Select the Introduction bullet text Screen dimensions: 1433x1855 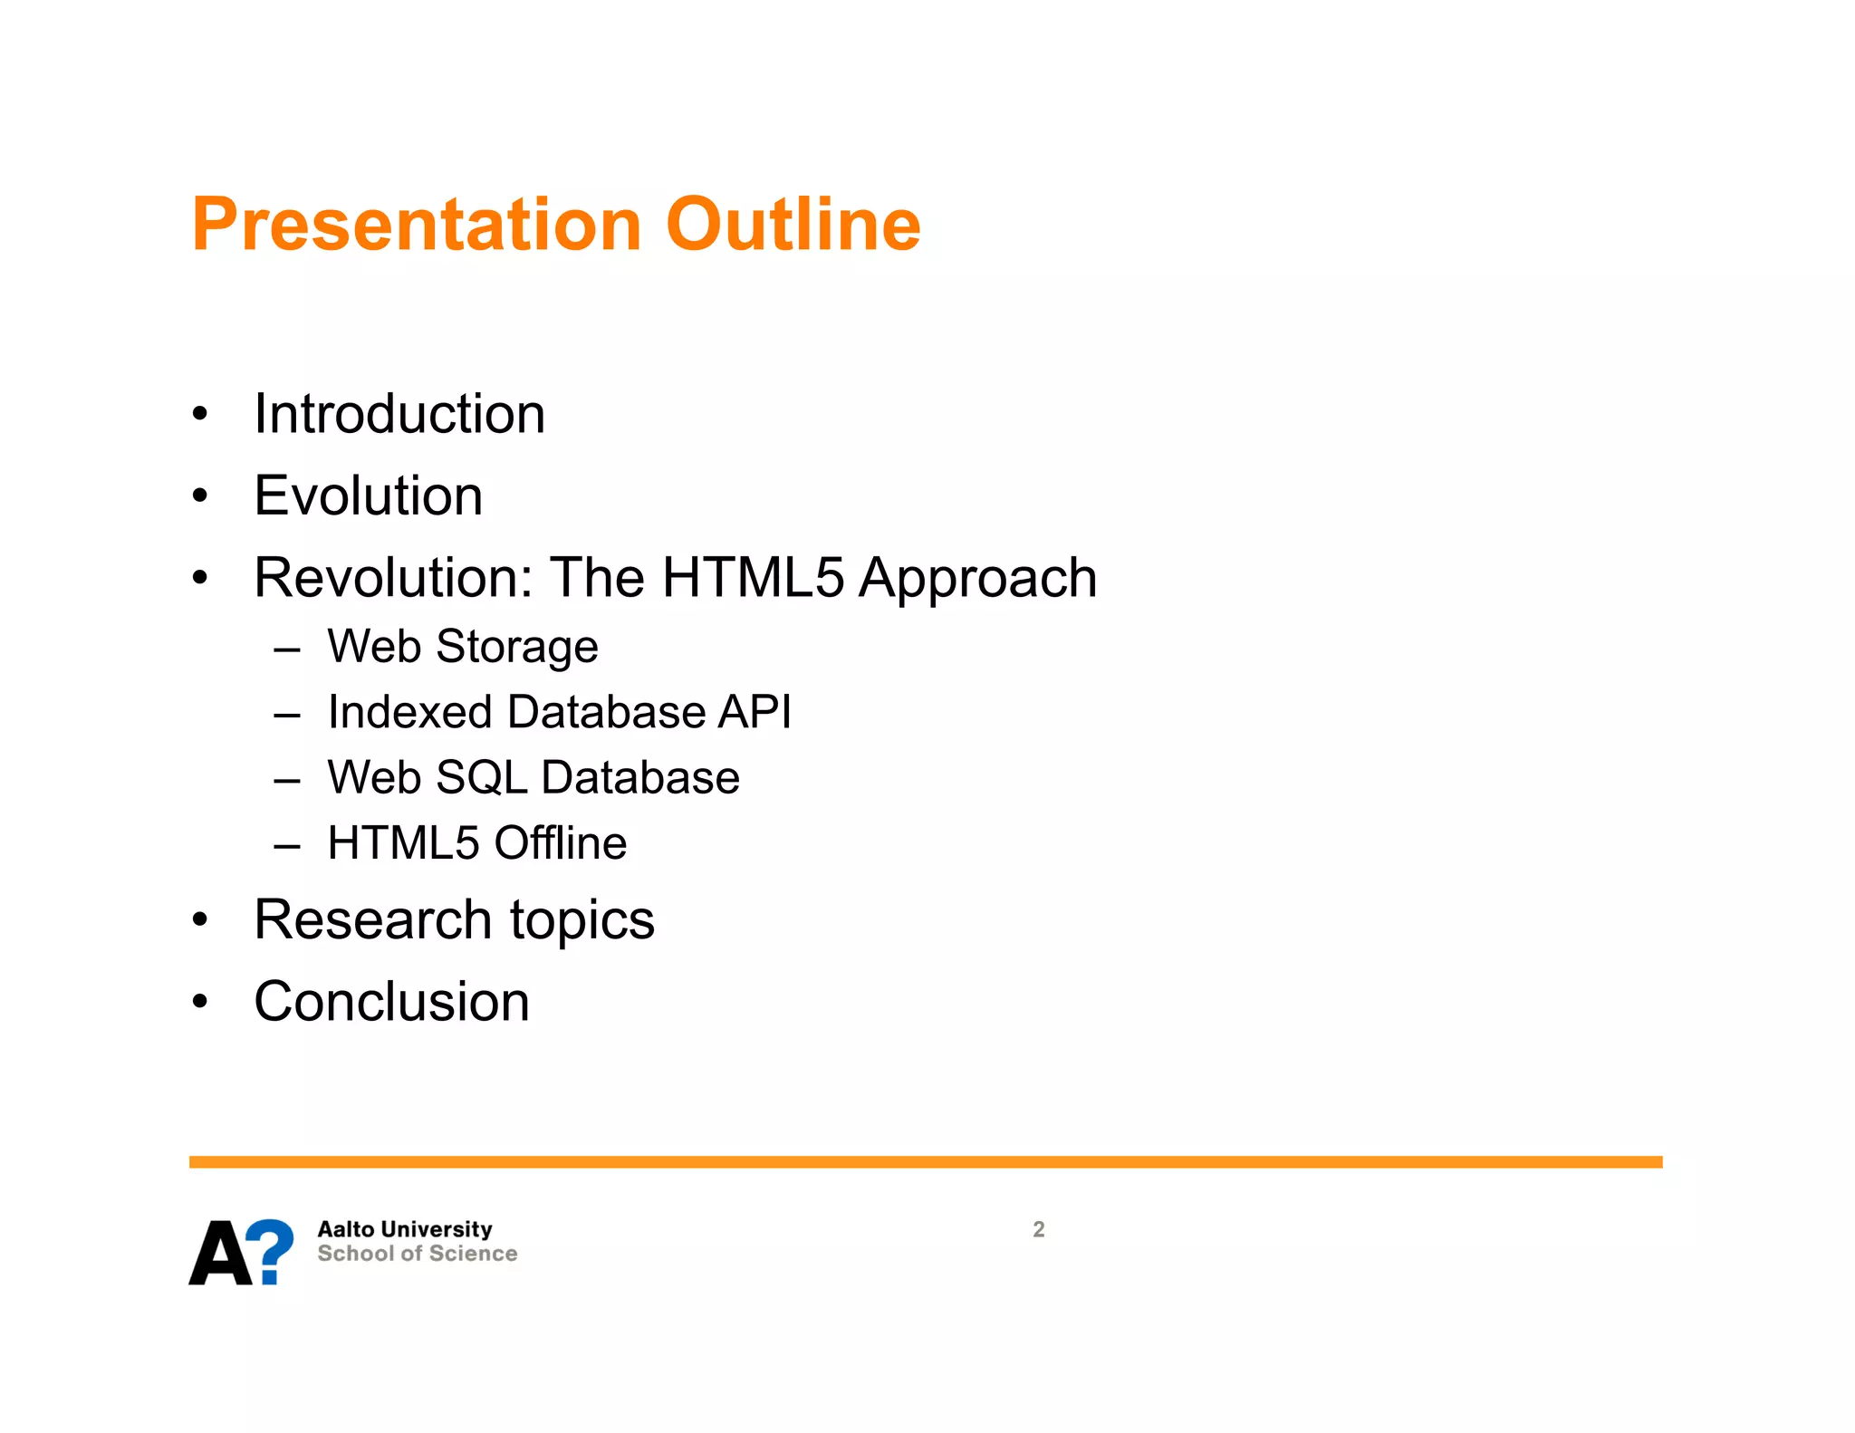(399, 414)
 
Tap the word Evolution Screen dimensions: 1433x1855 (368, 495)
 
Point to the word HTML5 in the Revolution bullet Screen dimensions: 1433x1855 (752, 577)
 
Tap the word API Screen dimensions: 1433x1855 (754, 712)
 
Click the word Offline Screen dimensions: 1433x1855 (560, 843)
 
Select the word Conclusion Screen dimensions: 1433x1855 (391, 1002)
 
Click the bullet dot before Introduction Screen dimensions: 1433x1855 (200, 415)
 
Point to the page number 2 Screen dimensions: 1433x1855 (1039, 1229)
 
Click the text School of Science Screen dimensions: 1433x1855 (417, 1254)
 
